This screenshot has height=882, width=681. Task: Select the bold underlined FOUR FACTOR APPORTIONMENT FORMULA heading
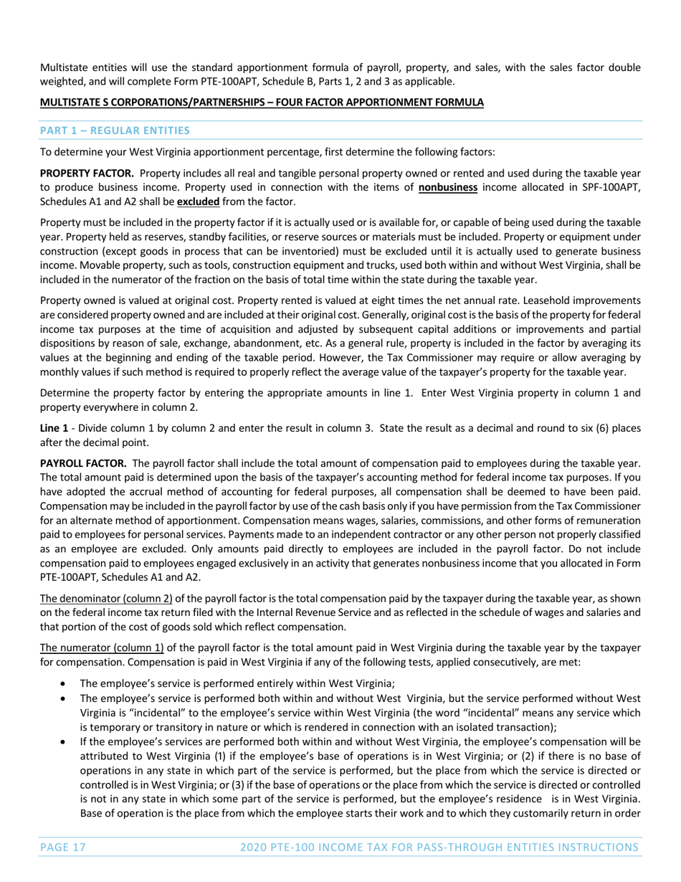click(x=262, y=103)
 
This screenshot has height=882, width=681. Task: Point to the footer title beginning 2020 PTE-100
click(x=439, y=847)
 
